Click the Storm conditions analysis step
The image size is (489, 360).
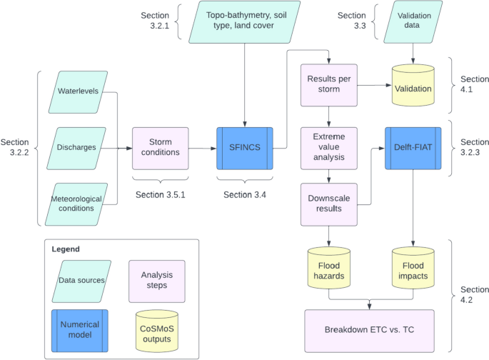click(161, 149)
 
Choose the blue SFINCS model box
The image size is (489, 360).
click(245, 149)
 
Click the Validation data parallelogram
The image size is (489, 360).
click(413, 21)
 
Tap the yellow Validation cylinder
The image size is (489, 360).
click(413, 87)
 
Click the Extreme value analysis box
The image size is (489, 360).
click(328, 149)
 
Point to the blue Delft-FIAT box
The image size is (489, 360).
click(413, 149)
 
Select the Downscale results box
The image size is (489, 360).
click(328, 204)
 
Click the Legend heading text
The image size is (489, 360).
click(66, 249)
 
